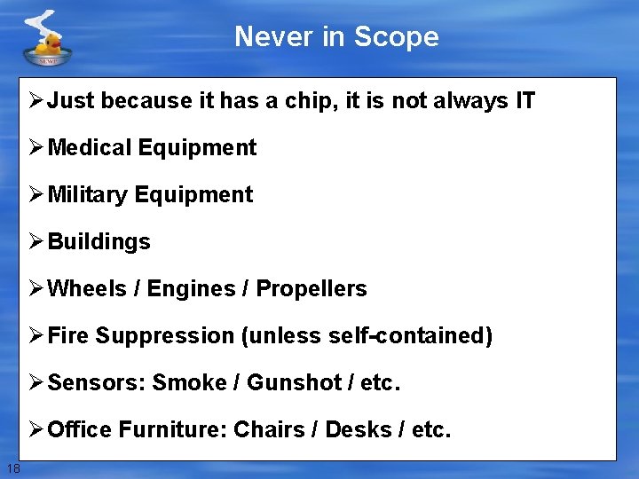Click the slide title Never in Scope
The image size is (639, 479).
coord(336,37)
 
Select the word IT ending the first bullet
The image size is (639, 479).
coord(525,101)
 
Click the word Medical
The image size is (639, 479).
coord(90,148)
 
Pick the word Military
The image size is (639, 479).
coord(88,195)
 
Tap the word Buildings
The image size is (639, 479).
coord(99,242)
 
